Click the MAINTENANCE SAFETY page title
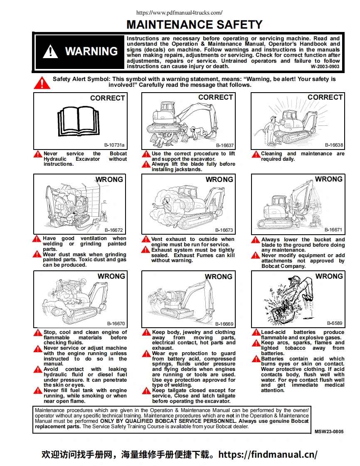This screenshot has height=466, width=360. click(x=194, y=25)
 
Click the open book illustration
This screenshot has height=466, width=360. click(x=79, y=120)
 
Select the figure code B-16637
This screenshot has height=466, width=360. click(x=225, y=146)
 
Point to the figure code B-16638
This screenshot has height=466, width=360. click(x=334, y=145)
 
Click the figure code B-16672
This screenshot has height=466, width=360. click(x=113, y=230)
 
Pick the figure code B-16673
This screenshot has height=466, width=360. click(x=224, y=230)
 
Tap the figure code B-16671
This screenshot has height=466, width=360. click(x=333, y=230)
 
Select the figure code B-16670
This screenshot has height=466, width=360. click(x=116, y=324)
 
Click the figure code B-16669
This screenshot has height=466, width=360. click(x=224, y=324)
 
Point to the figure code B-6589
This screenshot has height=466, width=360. click(x=335, y=323)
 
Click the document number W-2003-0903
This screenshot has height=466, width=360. click(x=325, y=66)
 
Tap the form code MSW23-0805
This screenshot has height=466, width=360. click(x=329, y=432)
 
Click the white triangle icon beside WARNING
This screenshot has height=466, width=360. click(x=50, y=52)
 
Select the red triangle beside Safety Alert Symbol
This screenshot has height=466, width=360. click(x=42, y=82)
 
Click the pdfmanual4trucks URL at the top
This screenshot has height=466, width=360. click(x=180, y=12)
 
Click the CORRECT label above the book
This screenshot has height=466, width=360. click(x=107, y=98)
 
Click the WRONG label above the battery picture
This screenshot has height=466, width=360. click(x=329, y=276)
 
